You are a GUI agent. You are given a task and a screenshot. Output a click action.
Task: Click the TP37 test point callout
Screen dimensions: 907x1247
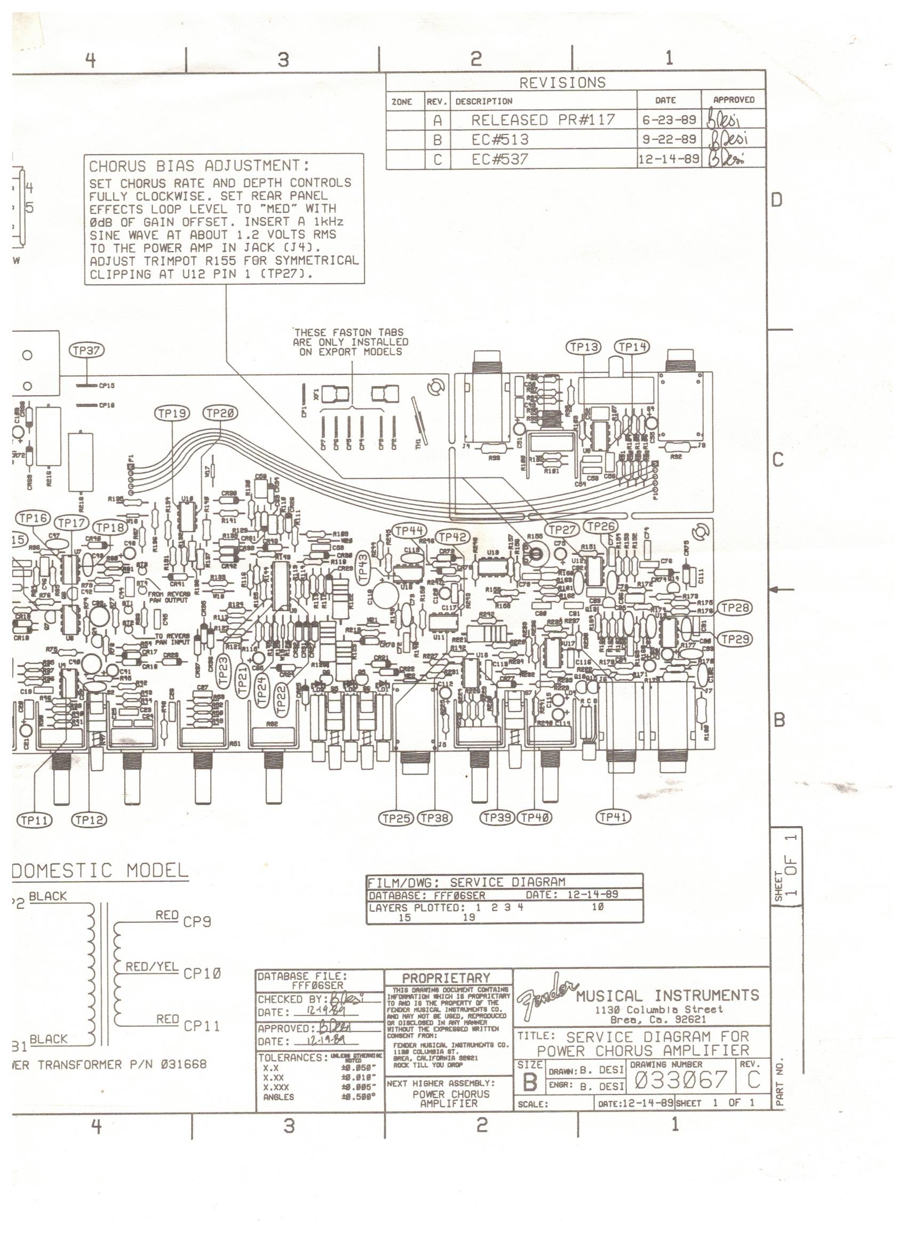86,350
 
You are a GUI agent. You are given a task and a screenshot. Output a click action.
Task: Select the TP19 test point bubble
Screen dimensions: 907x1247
172,413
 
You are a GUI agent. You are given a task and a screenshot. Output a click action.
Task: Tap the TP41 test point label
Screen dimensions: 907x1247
614,817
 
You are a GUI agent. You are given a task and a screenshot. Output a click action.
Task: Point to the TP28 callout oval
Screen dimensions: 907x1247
735,607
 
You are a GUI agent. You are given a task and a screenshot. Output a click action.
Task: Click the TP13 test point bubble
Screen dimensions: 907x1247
584,347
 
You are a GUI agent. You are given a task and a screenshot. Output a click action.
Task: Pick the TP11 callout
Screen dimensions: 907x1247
34,820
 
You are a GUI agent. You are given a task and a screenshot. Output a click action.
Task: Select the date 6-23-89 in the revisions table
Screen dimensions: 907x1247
669,119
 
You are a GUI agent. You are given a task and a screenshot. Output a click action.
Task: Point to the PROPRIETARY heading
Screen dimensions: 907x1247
446,978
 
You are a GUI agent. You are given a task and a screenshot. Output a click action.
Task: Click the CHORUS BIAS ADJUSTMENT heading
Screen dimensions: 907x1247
199,166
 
